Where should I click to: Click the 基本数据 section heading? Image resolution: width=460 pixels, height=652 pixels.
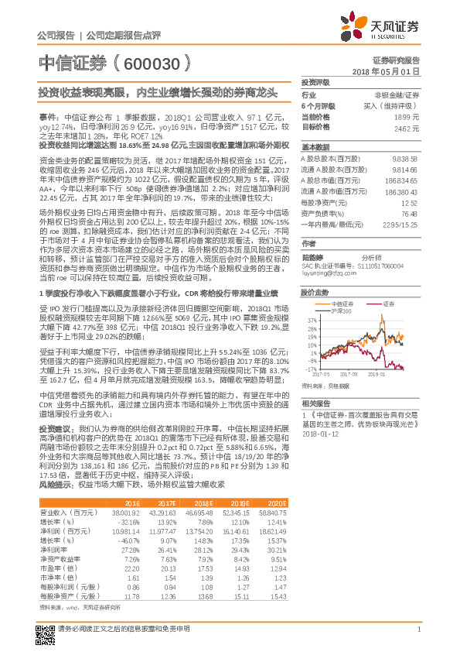(315, 146)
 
